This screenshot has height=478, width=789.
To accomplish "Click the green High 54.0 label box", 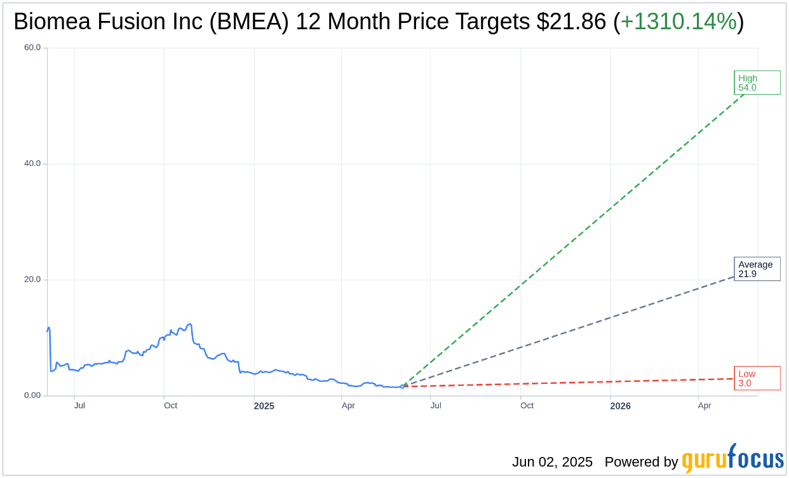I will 757,83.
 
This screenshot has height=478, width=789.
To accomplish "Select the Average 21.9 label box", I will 757,269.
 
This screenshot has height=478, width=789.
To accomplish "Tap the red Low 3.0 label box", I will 757,378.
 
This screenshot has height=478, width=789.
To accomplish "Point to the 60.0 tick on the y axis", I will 32,47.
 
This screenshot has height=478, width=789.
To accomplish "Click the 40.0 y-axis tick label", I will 32,163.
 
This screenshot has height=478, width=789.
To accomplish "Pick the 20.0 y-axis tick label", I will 32,279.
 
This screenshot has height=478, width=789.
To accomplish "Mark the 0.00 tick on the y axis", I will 32,395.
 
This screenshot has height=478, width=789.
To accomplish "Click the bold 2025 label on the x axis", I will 264,406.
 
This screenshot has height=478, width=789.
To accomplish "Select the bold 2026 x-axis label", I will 620,406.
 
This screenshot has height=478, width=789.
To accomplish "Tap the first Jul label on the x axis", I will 79,406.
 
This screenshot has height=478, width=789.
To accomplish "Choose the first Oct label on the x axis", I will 170,406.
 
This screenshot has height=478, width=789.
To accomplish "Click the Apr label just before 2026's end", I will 705,406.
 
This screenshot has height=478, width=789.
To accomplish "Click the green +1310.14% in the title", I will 678,22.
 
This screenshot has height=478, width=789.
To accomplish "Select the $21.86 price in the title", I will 571,22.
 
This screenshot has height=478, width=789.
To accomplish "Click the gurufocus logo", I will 732,459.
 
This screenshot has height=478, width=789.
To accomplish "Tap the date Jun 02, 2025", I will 552,462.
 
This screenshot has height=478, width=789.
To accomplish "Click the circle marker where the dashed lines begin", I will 402,386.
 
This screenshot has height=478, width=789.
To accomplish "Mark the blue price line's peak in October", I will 189,324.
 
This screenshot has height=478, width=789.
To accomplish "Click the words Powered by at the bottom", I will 641,462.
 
